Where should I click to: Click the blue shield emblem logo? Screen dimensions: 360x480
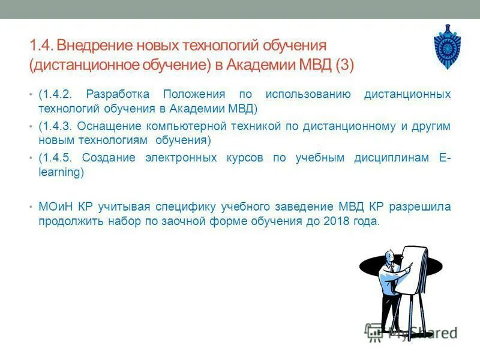(x=447, y=47)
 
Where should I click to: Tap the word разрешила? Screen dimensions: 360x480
(x=419, y=207)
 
